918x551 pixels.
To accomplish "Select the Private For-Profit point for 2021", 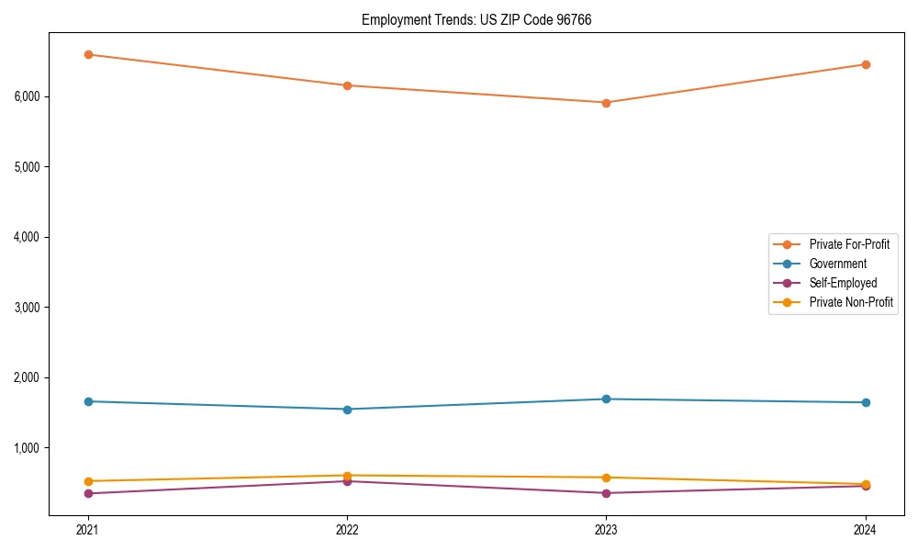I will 88,54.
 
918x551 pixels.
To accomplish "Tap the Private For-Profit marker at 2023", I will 606,103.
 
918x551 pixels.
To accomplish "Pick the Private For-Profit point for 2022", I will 347,85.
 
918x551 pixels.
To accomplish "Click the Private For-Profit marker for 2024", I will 865,64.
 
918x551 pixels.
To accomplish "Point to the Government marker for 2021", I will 88,401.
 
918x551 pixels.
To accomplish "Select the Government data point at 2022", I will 347,410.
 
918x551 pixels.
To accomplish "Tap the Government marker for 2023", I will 606,399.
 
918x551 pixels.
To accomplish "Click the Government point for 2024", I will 865,402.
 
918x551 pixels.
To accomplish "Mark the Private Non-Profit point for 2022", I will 347,476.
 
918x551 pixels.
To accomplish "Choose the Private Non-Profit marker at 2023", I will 606,478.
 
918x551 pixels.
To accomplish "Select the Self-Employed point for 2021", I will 88,493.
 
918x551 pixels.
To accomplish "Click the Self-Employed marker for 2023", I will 606,493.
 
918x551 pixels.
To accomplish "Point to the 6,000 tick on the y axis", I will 32,96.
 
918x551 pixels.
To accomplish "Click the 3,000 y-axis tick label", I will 32,307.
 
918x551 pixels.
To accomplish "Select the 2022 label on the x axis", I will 347,529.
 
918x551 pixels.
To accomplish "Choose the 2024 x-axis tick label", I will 865,529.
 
